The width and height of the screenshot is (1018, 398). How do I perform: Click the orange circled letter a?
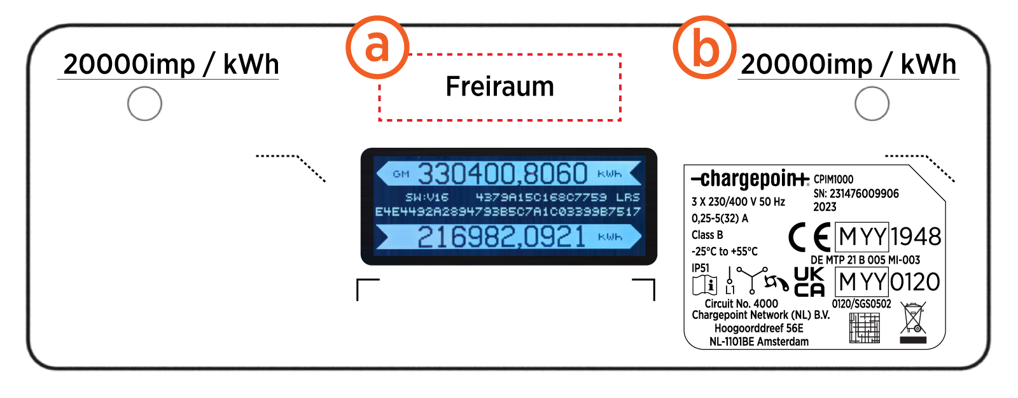377,47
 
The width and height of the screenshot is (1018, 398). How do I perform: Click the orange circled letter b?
705,47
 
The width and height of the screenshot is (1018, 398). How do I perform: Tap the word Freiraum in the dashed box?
499,87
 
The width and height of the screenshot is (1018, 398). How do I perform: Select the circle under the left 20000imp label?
144,103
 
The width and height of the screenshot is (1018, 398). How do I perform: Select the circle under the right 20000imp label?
872,103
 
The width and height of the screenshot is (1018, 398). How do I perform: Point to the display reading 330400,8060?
502,174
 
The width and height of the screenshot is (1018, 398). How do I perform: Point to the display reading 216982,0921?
501,237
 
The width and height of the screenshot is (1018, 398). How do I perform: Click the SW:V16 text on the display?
427,197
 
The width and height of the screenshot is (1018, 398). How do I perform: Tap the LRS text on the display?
627,197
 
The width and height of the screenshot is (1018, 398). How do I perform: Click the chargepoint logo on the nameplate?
750,180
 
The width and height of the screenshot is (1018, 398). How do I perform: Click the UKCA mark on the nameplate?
809,282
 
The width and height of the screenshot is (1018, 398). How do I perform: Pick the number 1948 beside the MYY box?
916,237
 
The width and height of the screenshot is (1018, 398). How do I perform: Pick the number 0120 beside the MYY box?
915,282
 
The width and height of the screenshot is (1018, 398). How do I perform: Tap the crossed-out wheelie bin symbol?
913,320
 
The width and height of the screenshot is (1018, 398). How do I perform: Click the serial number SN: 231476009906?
856,194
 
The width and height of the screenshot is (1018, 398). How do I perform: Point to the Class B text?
708,235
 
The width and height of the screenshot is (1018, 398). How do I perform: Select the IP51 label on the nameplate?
701,268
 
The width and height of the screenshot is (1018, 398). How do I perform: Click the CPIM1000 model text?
833,180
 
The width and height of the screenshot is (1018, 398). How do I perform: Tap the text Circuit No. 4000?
741,304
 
